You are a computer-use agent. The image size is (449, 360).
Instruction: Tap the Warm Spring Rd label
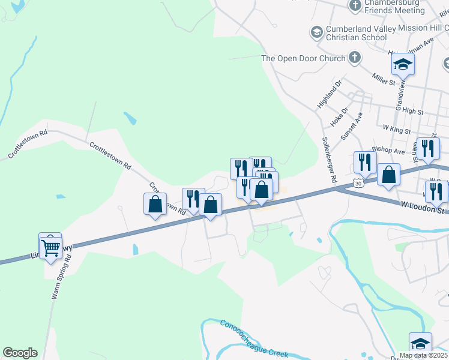[x=59, y=278]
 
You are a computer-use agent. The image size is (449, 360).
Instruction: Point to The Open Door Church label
[x=303, y=58]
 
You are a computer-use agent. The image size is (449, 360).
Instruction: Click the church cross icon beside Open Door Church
[x=355, y=58]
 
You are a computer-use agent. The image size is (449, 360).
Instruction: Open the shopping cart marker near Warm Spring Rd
[x=50, y=247]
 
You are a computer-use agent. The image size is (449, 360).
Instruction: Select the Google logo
[x=20, y=353]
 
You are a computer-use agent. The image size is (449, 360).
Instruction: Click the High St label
[x=413, y=112]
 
